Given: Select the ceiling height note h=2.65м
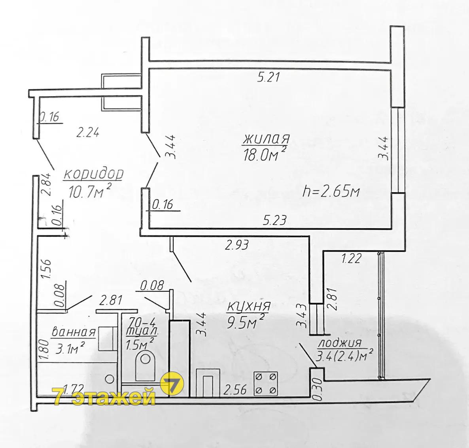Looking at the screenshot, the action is click(331, 191).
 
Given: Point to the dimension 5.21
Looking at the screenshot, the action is click(268, 78).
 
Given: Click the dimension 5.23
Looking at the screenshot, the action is click(275, 220).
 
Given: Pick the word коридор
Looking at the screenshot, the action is click(93, 174).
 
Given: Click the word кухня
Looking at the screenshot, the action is click(249, 306).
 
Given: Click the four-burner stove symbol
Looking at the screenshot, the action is click(266, 384).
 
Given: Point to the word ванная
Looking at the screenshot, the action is click(74, 332).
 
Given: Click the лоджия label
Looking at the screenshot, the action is click(340, 343).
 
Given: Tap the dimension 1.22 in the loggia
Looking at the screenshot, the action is click(352, 258).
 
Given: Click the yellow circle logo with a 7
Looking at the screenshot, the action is click(172, 383).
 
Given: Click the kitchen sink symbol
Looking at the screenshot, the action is click(208, 383).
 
